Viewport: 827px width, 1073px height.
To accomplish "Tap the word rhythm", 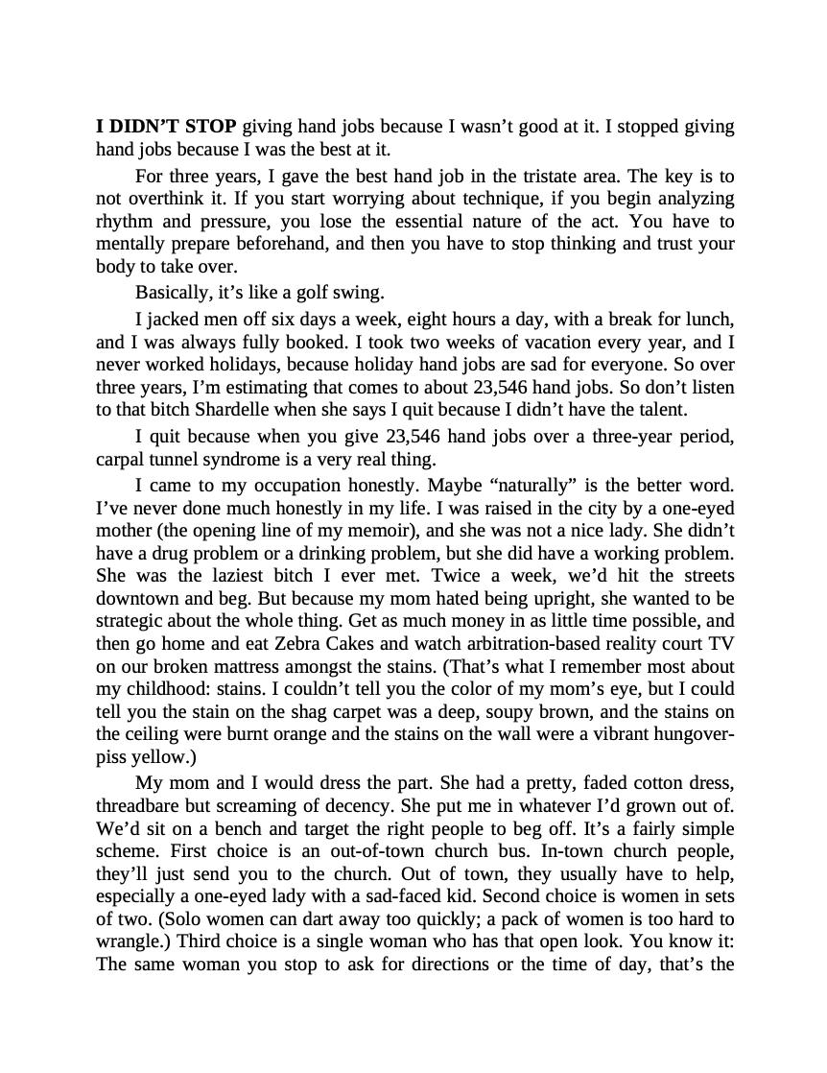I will point(122,222).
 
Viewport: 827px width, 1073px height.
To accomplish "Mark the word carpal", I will point(121,458).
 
